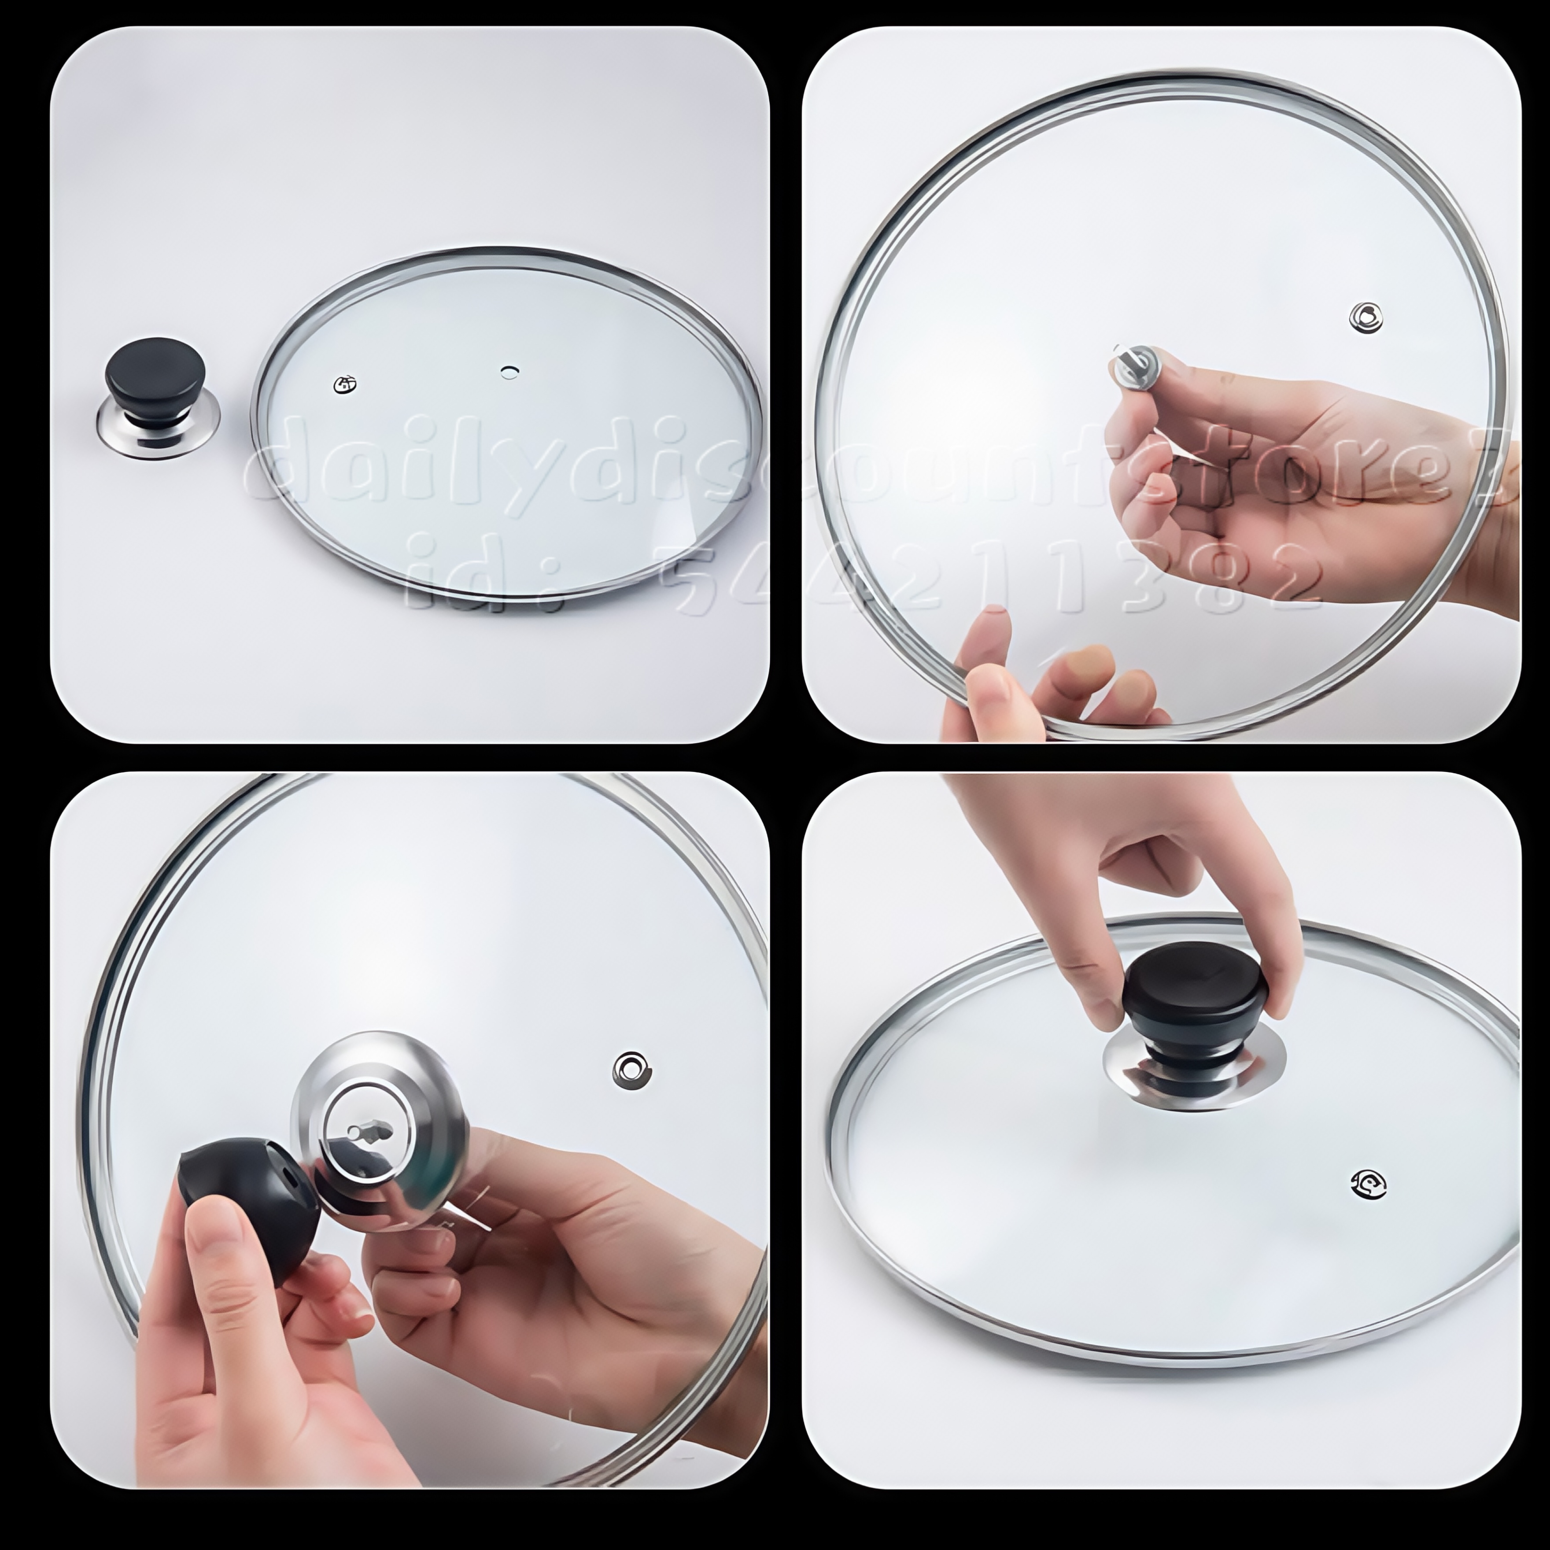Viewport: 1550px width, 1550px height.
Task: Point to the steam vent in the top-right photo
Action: (x=1365, y=317)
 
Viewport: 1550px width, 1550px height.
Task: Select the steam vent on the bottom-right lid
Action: (x=1368, y=1183)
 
